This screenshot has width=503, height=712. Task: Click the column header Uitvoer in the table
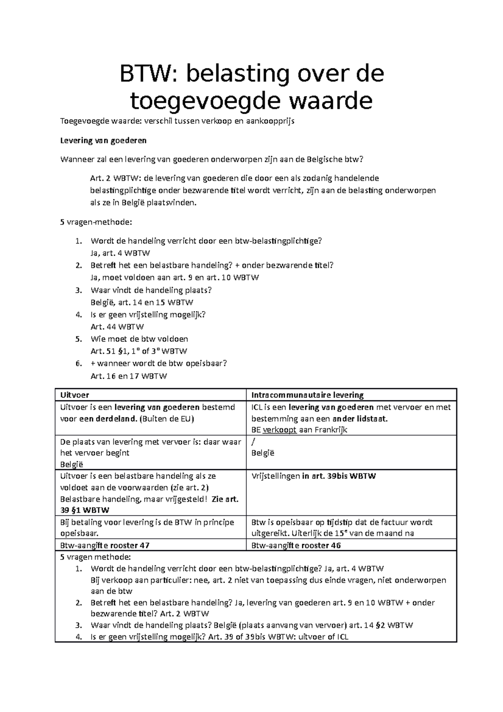tap(75, 395)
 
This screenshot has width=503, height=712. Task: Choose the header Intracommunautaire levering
tap(307, 395)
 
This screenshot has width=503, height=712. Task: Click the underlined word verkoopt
tap(280, 430)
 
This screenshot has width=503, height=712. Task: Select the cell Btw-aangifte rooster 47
tap(105, 546)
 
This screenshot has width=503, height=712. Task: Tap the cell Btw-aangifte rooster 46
tap(296, 546)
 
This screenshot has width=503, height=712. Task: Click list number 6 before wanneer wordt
tap(78, 364)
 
